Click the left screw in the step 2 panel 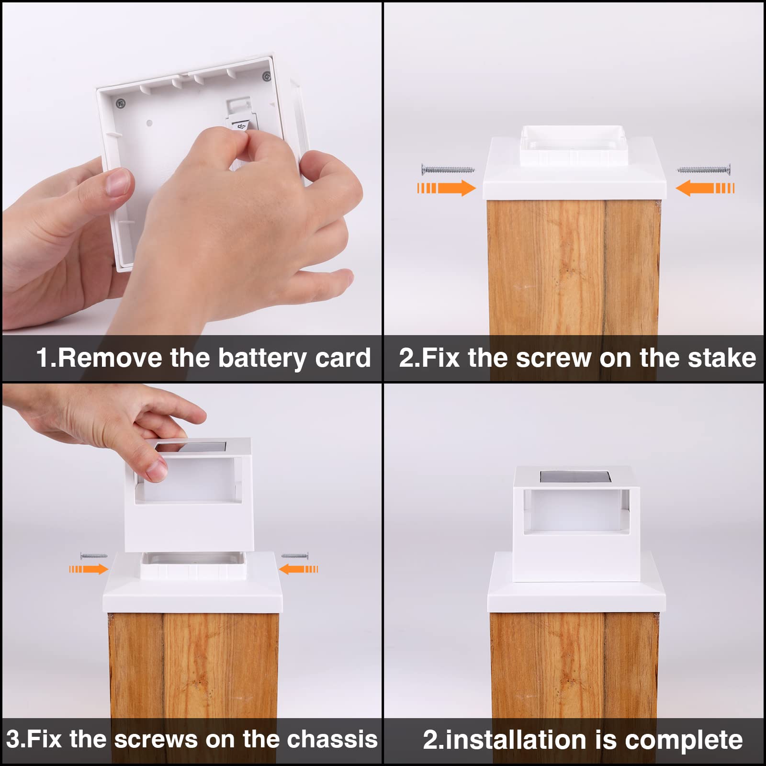(x=448, y=169)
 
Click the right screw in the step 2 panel (x=704, y=169)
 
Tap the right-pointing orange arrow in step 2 (x=447, y=188)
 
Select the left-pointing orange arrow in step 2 (x=705, y=188)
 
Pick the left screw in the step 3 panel (x=94, y=556)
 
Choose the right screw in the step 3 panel (x=295, y=556)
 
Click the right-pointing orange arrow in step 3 (x=89, y=569)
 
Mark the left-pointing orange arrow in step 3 (x=298, y=569)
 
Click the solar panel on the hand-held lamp (x=191, y=448)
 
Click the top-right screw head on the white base (x=266, y=76)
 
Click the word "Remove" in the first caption (x=110, y=358)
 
